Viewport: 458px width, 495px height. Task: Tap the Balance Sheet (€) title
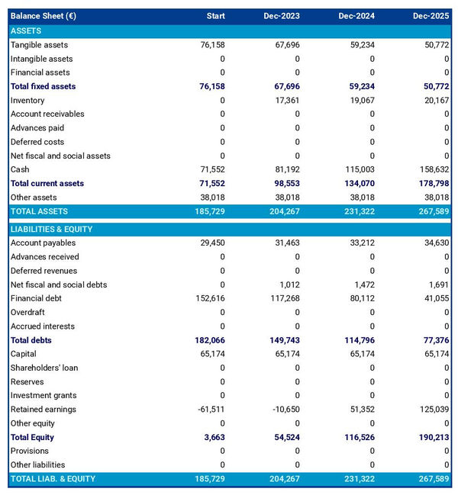pos(43,16)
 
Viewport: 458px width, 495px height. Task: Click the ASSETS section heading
pos(26,31)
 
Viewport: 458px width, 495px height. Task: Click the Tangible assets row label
pos(39,45)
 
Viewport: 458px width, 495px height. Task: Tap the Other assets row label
pos(33,198)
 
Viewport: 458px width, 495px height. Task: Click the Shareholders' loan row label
pos(44,368)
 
